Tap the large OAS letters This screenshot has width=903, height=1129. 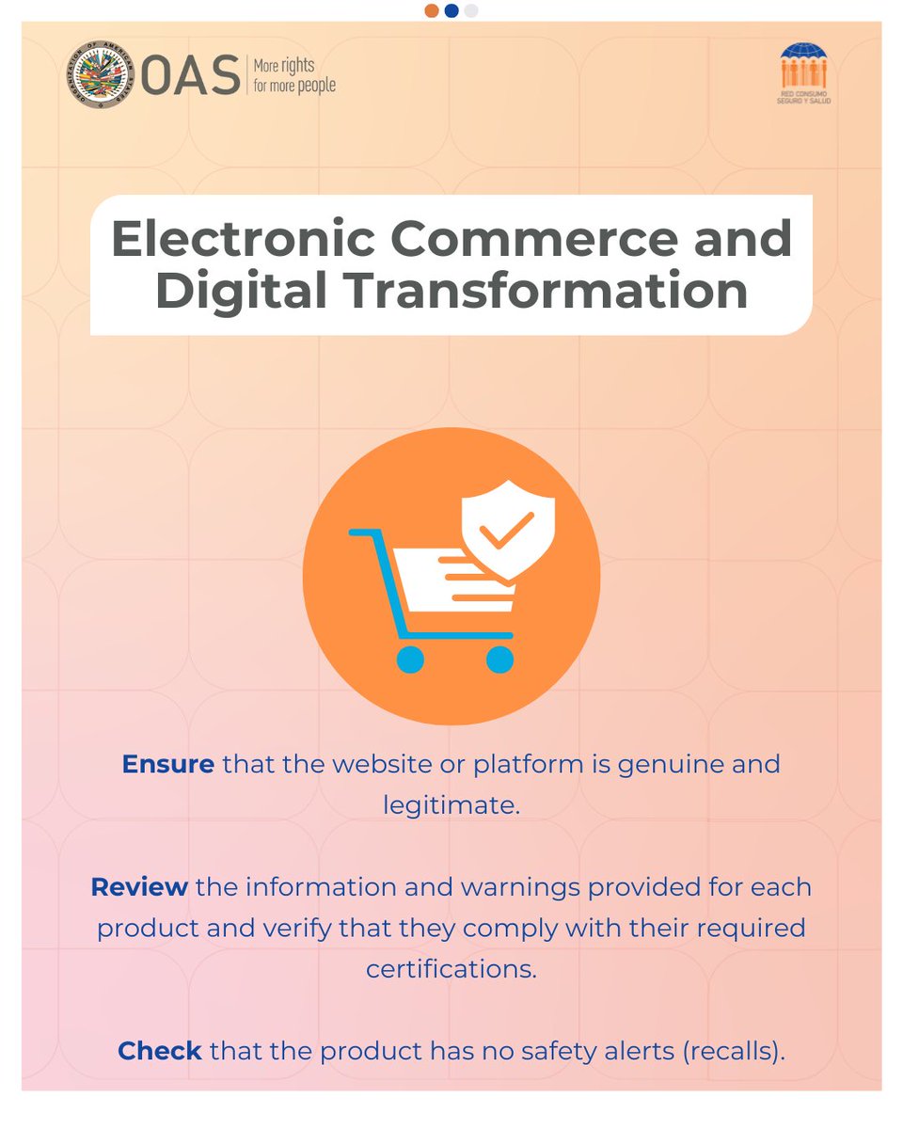(191, 77)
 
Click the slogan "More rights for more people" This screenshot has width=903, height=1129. (293, 76)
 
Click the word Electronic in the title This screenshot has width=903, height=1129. (243, 239)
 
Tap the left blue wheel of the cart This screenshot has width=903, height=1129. (410, 659)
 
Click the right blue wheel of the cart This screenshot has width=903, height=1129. (499, 659)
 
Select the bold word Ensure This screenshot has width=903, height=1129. (168, 763)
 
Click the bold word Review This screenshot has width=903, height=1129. (139, 887)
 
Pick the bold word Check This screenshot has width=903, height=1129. (160, 1050)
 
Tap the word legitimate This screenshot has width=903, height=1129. (451, 805)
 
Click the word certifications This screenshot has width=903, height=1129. (451, 969)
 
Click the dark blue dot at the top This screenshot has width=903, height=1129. (451, 10)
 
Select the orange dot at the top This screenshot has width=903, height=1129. (432, 10)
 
